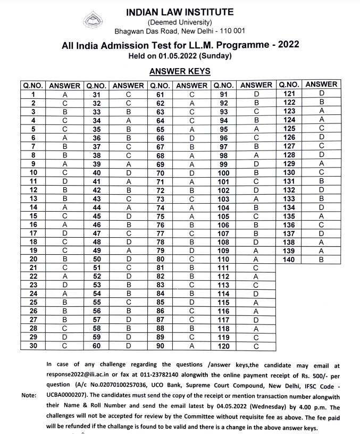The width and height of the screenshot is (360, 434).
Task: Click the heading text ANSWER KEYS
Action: [x=180, y=71]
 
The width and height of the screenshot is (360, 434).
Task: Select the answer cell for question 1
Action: [x=64, y=94]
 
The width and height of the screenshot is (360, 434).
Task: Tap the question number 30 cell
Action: [x=33, y=346]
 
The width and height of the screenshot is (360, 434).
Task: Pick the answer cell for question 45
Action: [x=128, y=215]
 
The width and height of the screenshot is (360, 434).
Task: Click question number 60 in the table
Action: [x=97, y=346]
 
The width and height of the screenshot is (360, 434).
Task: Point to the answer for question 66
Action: [x=192, y=137]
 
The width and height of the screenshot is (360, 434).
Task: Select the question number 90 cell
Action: [x=161, y=346]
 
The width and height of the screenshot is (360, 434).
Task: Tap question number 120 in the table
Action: [x=224, y=346]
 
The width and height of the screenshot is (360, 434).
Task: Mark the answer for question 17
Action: [x=64, y=233]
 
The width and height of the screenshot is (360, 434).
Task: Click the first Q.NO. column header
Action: [x=33, y=85]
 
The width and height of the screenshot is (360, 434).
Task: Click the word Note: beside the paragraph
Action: [x=29, y=395]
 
